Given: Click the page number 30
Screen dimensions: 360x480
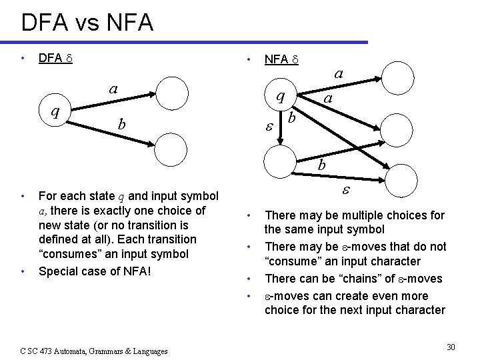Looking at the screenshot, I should [451, 347].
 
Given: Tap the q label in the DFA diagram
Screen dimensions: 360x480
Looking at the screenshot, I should [57, 112].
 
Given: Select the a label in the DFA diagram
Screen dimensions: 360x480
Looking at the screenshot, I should [114, 89].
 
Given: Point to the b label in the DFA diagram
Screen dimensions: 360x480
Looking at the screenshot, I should [121, 124].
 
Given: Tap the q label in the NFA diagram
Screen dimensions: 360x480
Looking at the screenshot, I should [281, 96].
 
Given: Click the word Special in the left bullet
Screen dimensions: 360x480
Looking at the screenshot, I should [58, 271].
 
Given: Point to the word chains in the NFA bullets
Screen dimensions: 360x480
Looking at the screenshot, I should [337, 279].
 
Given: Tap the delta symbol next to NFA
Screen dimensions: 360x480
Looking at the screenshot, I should [294, 61].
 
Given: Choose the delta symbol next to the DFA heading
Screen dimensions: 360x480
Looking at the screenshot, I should [68, 59].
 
